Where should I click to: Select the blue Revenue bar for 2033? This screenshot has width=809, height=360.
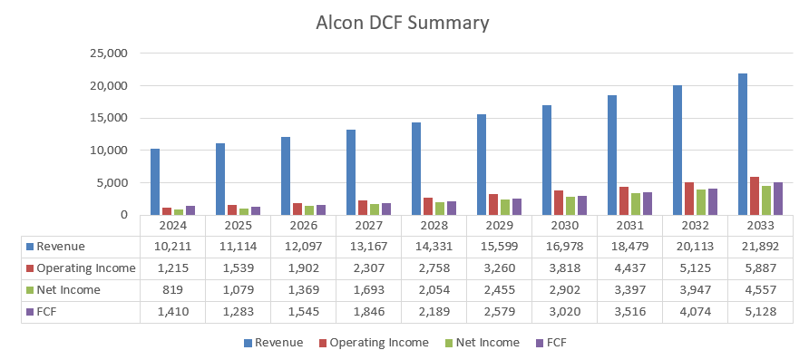(743, 145)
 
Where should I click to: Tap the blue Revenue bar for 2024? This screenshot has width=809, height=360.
(155, 182)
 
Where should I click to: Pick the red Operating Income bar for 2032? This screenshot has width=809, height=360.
(689, 199)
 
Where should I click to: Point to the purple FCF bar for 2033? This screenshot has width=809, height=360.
(777, 199)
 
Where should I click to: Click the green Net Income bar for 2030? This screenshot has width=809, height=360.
(570, 206)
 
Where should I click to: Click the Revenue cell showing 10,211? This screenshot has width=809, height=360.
(172, 246)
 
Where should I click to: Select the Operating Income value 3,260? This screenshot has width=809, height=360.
(499, 268)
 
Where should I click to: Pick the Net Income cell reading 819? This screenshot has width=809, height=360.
(172, 289)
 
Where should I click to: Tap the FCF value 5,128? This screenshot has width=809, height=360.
(760, 311)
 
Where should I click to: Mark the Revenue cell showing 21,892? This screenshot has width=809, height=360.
(760, 246)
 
